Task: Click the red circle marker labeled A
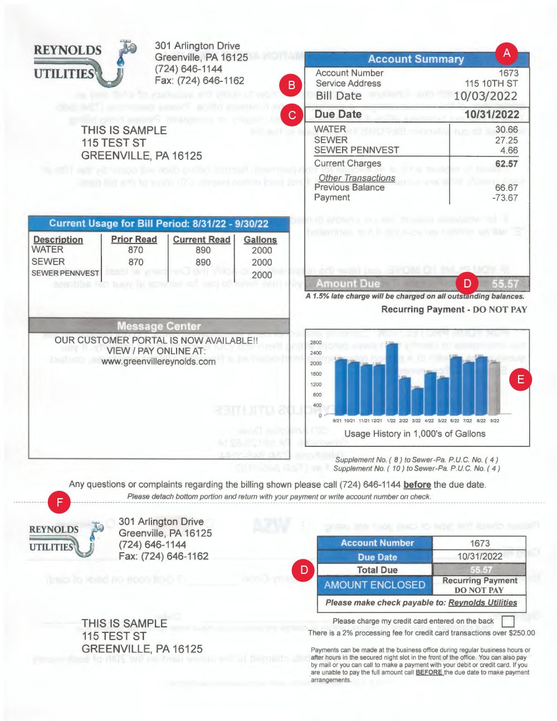pos(506,53)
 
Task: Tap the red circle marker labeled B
pos(291,85)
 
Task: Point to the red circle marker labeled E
pos(521,379)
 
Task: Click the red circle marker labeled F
pos(59,503)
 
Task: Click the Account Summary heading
pos(416,59)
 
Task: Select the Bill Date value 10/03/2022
pos(485,96)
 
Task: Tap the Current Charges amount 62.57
pos(506,164)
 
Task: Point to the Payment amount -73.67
pos(505,198)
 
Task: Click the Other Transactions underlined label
pos(357,178)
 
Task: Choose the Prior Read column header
pos(134,239)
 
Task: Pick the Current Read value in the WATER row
pos(203,250)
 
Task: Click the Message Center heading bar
pos(159,326)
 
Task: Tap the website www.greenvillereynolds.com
pos(158,362)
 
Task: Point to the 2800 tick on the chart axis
pos(316,343)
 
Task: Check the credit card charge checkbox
pos(508,621)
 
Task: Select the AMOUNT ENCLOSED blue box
pos(374,585)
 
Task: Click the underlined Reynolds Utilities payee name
pos(482,602)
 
